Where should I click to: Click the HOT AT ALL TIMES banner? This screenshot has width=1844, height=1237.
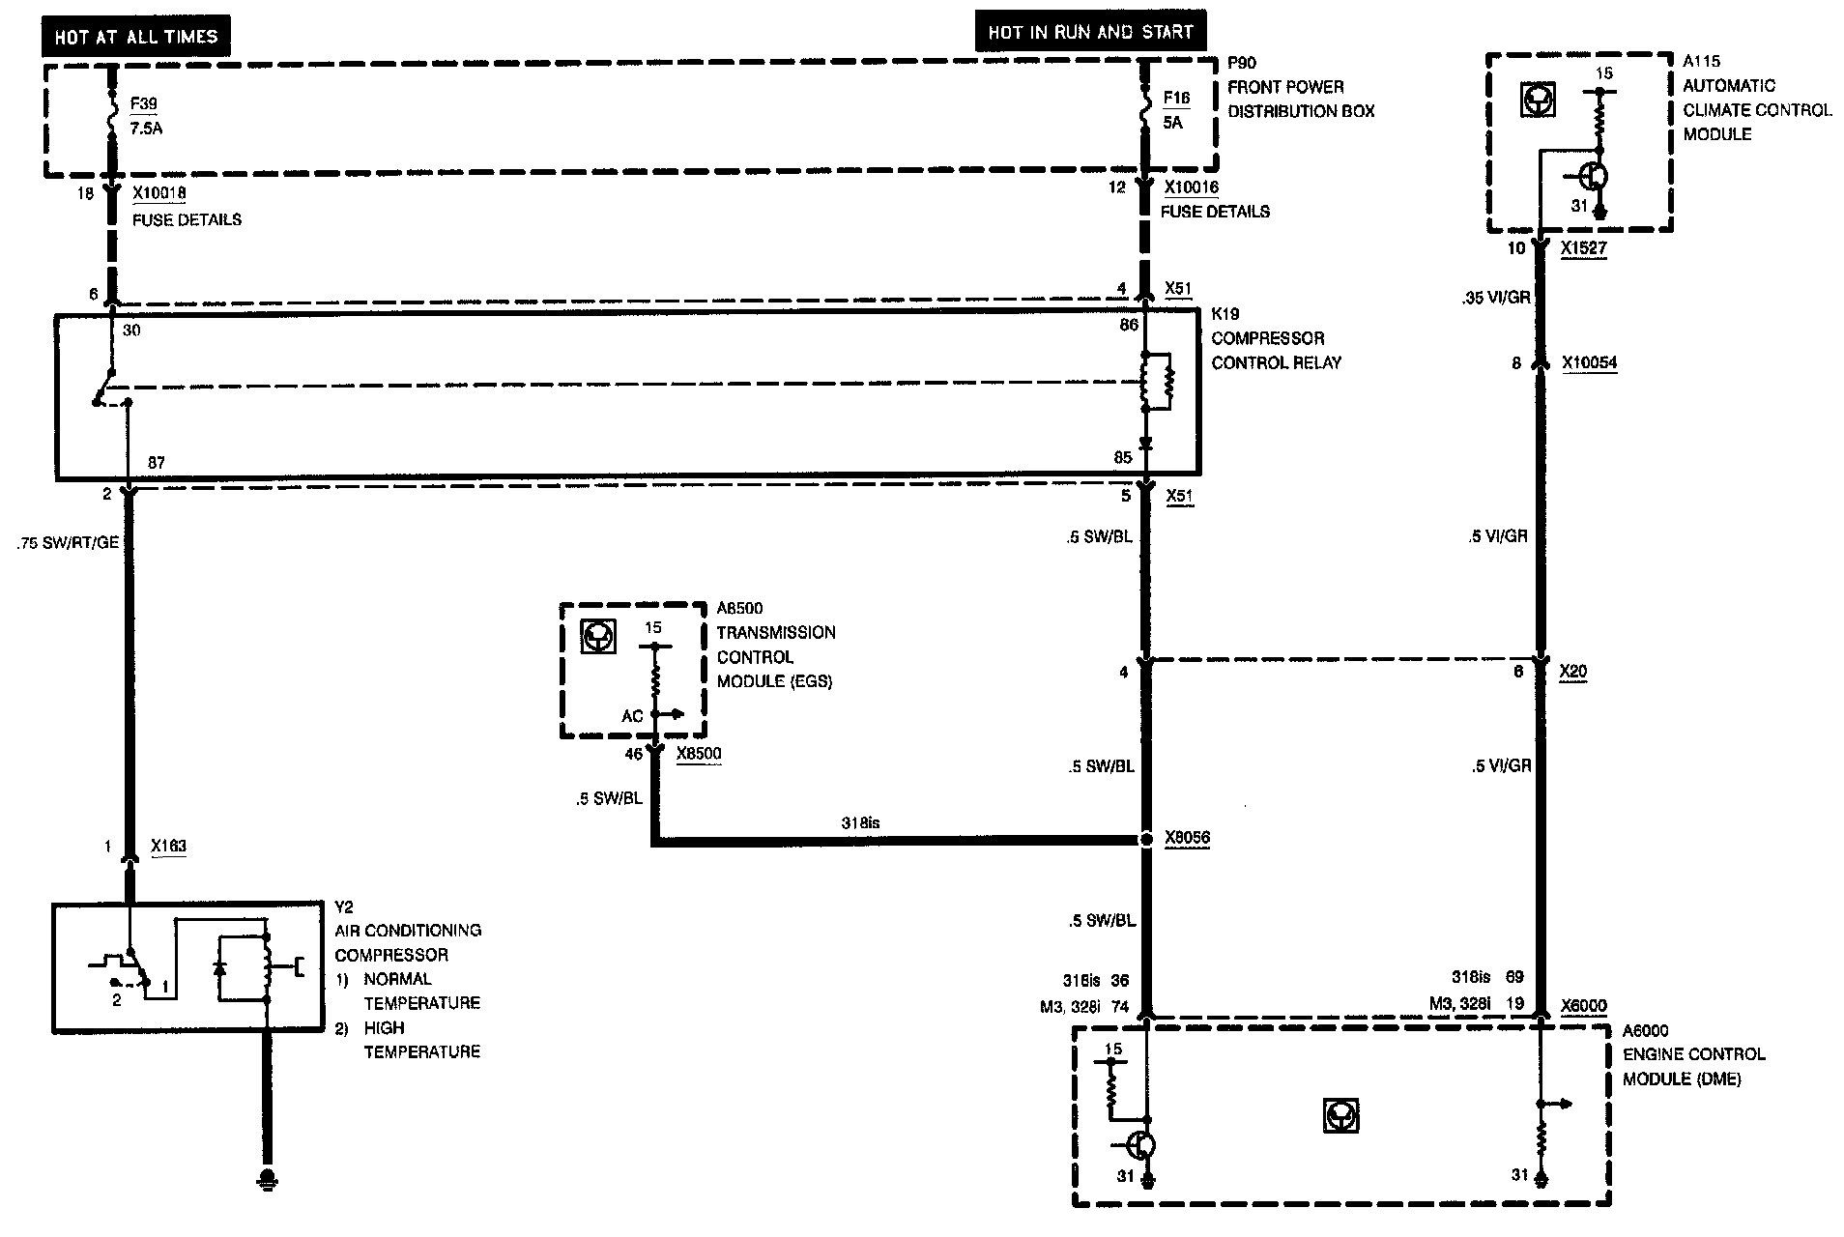136,38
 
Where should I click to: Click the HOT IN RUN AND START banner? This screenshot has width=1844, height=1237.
1090,32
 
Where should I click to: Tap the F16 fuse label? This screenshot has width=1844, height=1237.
1176,99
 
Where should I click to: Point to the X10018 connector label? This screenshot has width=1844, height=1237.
158,193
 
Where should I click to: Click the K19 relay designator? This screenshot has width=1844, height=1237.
1226,314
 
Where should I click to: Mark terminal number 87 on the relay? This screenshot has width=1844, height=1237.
157,463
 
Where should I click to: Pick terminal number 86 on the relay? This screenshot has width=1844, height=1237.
1128,326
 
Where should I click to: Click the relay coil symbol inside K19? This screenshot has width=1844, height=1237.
1156,382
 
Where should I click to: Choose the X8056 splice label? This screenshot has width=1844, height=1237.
1187,839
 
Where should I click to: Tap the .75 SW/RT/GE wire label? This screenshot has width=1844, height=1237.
68,543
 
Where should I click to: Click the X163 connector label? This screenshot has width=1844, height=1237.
169,847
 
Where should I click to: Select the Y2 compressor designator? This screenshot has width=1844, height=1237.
344,906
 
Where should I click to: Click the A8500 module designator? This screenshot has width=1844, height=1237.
739,608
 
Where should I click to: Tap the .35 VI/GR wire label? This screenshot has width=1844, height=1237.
1496,298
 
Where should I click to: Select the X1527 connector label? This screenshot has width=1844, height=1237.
1583,248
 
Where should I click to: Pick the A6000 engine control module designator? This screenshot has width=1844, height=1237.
1645,1031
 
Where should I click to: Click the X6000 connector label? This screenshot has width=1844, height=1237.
1583,1006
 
